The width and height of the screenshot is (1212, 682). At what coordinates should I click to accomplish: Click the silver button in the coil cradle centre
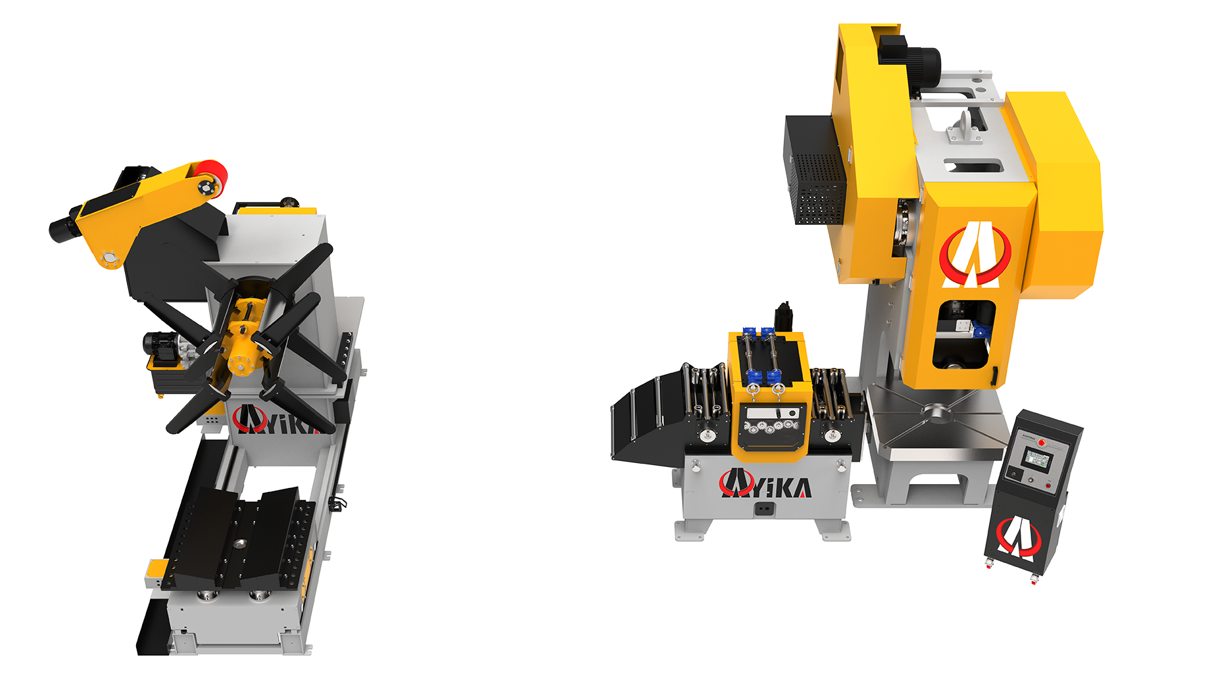pos(239,543)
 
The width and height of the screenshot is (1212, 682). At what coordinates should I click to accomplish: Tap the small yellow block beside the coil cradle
pos(157,572)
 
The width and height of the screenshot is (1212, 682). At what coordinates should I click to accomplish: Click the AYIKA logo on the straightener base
pos(765,485)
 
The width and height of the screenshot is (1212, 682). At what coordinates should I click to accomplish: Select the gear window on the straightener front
pos(771,426)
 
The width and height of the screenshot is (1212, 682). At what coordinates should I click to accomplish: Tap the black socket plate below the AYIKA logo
pos(764,508)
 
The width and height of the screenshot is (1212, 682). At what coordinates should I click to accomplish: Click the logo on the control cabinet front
pos(1018,535)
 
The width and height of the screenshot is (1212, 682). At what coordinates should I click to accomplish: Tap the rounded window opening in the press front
pos(963,335)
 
